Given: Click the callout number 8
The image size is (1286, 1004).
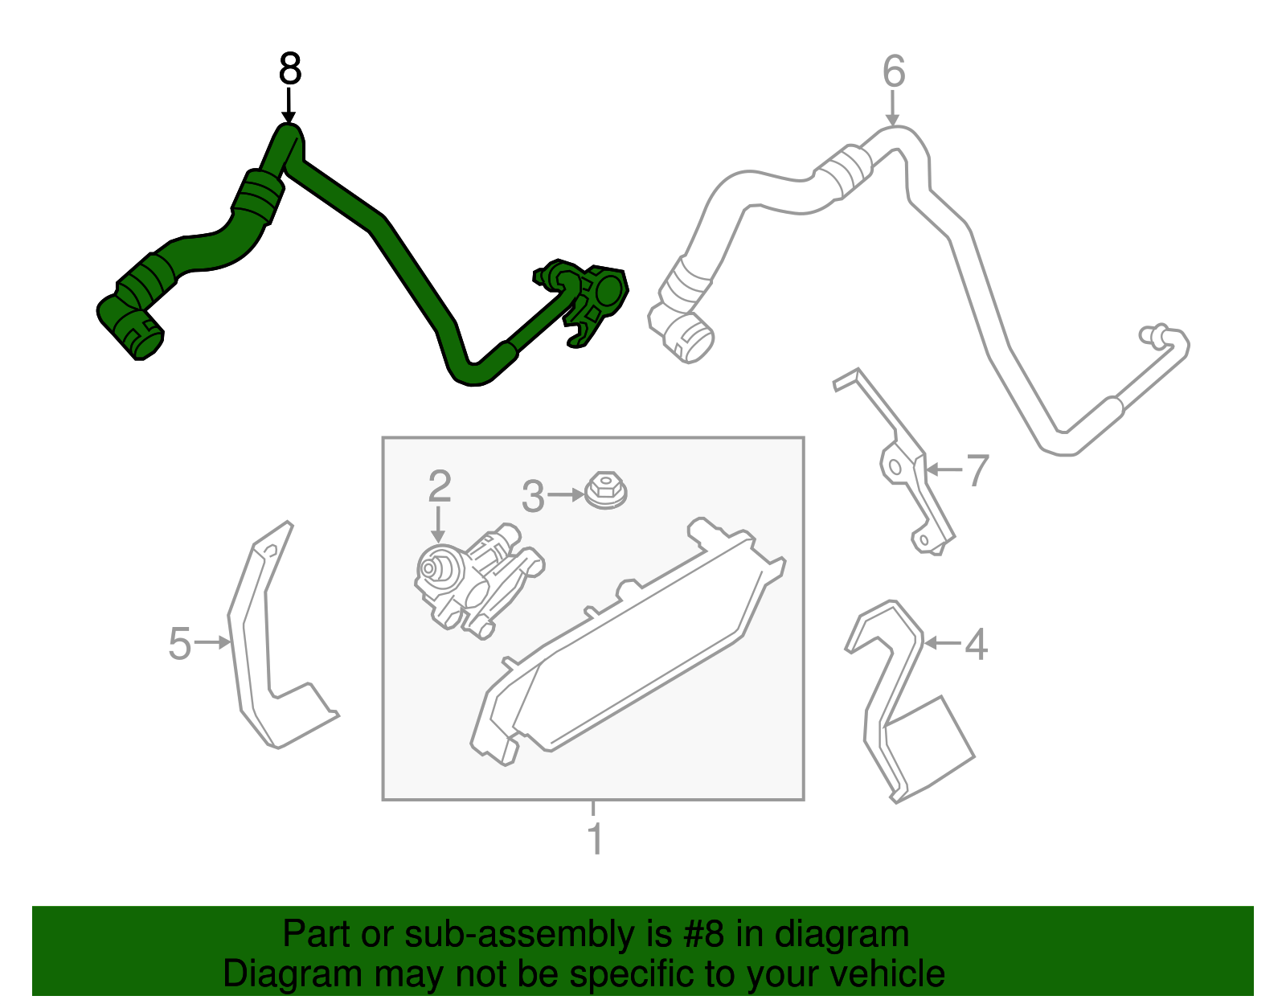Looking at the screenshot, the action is pos(289,68).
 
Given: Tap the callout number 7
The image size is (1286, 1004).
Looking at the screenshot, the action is pos(977,470).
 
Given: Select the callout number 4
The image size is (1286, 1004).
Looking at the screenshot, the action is pos(976,644).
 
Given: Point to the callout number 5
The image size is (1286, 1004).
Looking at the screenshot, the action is pos(180,643).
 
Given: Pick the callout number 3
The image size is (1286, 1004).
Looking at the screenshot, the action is pos(533,496).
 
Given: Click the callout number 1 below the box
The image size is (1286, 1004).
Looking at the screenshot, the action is pos(595,838).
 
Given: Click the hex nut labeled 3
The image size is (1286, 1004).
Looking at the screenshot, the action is pos(605,490).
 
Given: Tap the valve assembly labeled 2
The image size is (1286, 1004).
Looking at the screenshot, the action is pos(477,580).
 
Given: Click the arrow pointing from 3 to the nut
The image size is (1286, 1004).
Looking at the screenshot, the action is pos(566,494).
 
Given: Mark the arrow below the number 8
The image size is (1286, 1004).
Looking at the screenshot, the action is pos(289,106).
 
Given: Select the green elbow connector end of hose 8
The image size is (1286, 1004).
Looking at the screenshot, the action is pos(130,326).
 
